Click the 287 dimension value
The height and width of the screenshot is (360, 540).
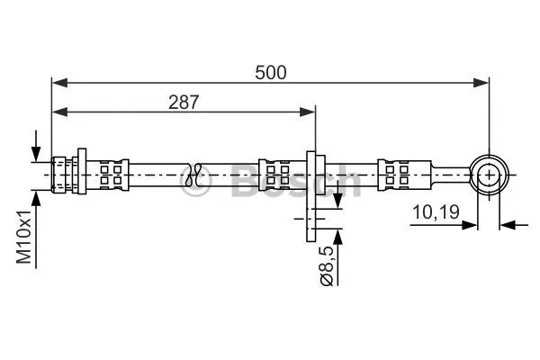click(184, 102)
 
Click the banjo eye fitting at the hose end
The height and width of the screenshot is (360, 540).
click(489, 173)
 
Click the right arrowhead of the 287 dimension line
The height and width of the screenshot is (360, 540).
click(310, 112)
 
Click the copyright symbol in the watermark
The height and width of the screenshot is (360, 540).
click(194, 184)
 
